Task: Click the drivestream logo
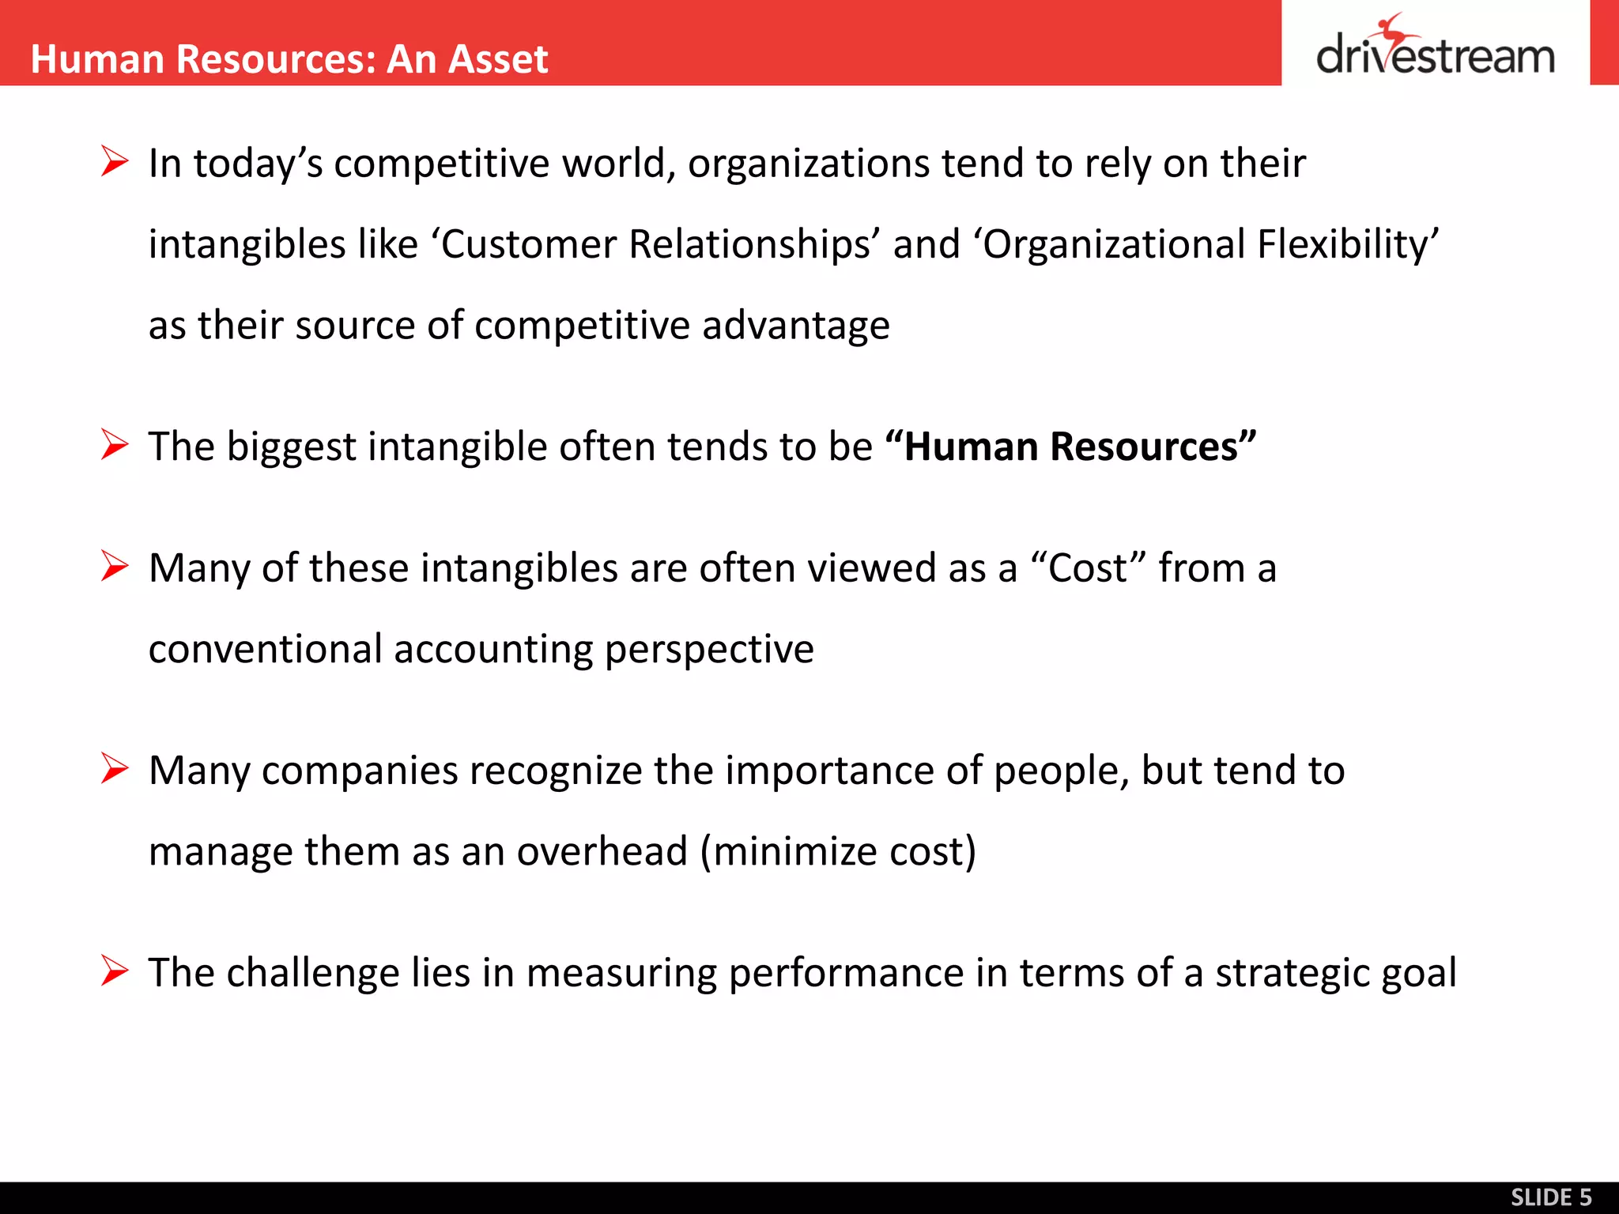[x=1435, y=49]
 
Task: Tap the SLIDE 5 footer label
[x=1551, y=1197]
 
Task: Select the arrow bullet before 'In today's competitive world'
[x=115, y=162]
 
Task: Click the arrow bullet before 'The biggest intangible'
[x=115, y=445]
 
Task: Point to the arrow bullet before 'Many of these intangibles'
[x=115, y=567]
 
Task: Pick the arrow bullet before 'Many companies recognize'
[x=115, y=769]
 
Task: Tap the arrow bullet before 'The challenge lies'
[x=115, y=971]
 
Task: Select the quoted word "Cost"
[x=1088, y=568]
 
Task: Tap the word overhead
[x=602, y=852]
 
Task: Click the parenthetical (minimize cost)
[x=838, y=852]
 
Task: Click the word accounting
[x=493, y=650]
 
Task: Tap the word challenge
[x=312, y=973]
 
